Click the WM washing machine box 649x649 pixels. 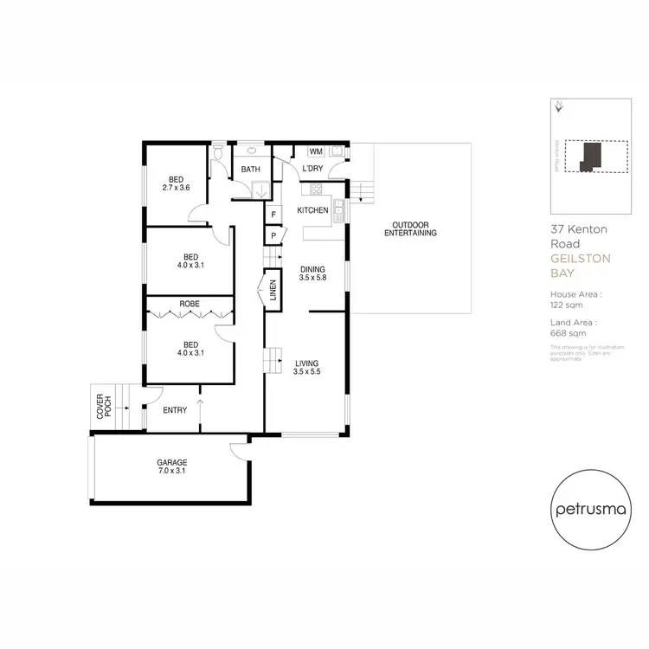tap(316, 152)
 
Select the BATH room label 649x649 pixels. tap(251, 170)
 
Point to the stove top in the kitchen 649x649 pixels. tap(317, 189)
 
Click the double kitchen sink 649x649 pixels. tap(342, 208)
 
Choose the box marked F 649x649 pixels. tap(273, 214)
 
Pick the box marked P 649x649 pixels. tap(273, 235)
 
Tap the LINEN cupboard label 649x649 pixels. tap(273, 291)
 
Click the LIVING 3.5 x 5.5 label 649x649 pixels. tap(307, 368)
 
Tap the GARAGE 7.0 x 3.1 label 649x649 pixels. tap(172, 467)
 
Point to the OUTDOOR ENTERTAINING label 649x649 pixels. tap(410, 228)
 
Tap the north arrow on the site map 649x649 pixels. tap(560, 106)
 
